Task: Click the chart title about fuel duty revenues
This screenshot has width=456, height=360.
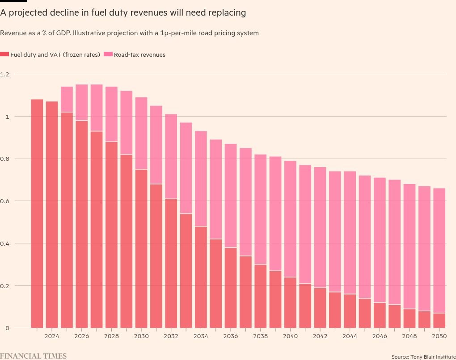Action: point(123,13)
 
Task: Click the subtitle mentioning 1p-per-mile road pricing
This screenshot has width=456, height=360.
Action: point(129,33)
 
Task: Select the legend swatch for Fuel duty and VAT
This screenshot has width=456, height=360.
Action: point(4,54)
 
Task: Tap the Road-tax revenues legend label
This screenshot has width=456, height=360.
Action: point(139,54)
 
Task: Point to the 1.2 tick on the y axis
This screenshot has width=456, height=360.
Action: point(4,75)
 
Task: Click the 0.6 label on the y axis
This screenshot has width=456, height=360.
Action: point(4,201)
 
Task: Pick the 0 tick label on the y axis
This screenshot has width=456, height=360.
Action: point(7,328)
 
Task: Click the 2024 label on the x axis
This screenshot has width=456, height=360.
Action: point(52,336)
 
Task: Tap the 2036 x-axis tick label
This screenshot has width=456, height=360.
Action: point(231,336)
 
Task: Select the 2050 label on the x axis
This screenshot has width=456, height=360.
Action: point(439,336)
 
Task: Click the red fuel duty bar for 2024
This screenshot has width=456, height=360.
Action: point(52,215)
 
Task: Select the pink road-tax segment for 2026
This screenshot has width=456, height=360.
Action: point(82,103)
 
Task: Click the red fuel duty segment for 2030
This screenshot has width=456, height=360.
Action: point(141,249)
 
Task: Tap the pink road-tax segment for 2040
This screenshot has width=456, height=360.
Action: point(290,219)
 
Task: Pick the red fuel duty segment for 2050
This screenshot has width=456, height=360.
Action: point(439,321)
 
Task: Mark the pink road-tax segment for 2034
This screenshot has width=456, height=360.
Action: point(201,179)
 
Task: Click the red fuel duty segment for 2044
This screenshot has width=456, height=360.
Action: point(350,311)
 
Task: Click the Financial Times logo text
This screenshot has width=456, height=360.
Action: point(34,356)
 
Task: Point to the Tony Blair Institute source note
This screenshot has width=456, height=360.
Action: point(423,357)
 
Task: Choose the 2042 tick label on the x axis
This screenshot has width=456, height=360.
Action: point(320,336)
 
